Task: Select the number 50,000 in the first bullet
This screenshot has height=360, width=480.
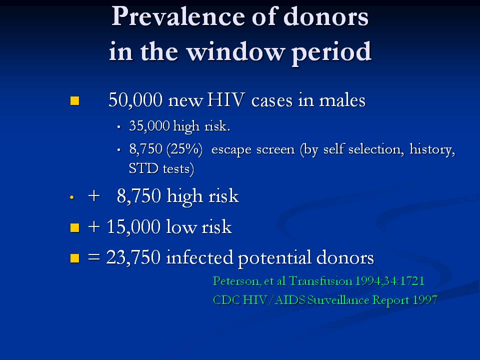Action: click(135, 100)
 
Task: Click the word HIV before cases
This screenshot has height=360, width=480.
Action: click(225, 99)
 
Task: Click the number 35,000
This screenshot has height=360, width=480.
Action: click(149, 126)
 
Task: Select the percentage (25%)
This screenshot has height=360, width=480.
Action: click(184, 149)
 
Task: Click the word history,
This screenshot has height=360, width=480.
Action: click(432, 149)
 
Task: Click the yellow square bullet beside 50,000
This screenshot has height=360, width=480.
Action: click(74, 100)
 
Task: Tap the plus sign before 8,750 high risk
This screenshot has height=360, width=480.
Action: click(94, 196)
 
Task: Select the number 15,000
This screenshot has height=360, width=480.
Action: click(133, 227)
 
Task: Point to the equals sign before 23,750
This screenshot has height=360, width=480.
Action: click(94, 257)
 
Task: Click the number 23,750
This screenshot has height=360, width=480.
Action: click(133, 257)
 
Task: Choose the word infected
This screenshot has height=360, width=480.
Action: click(199, 257)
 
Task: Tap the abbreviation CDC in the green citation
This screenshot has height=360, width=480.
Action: click(226, 300)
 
